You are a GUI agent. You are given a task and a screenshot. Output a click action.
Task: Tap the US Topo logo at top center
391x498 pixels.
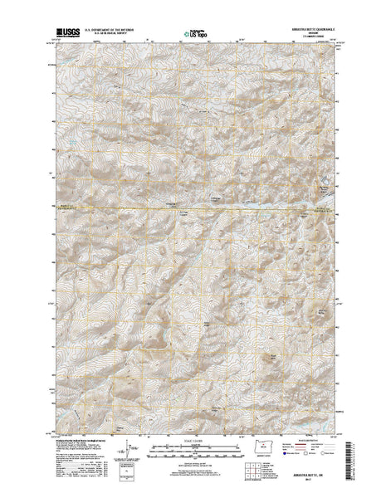[x=196, y=36]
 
